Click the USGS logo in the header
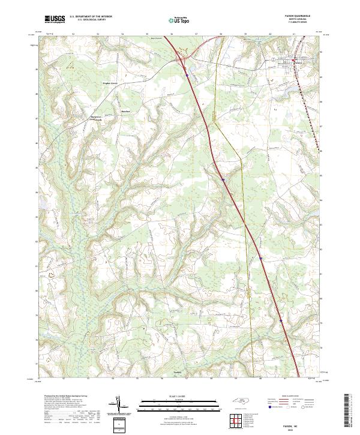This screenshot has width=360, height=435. click(x=55, y=20)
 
